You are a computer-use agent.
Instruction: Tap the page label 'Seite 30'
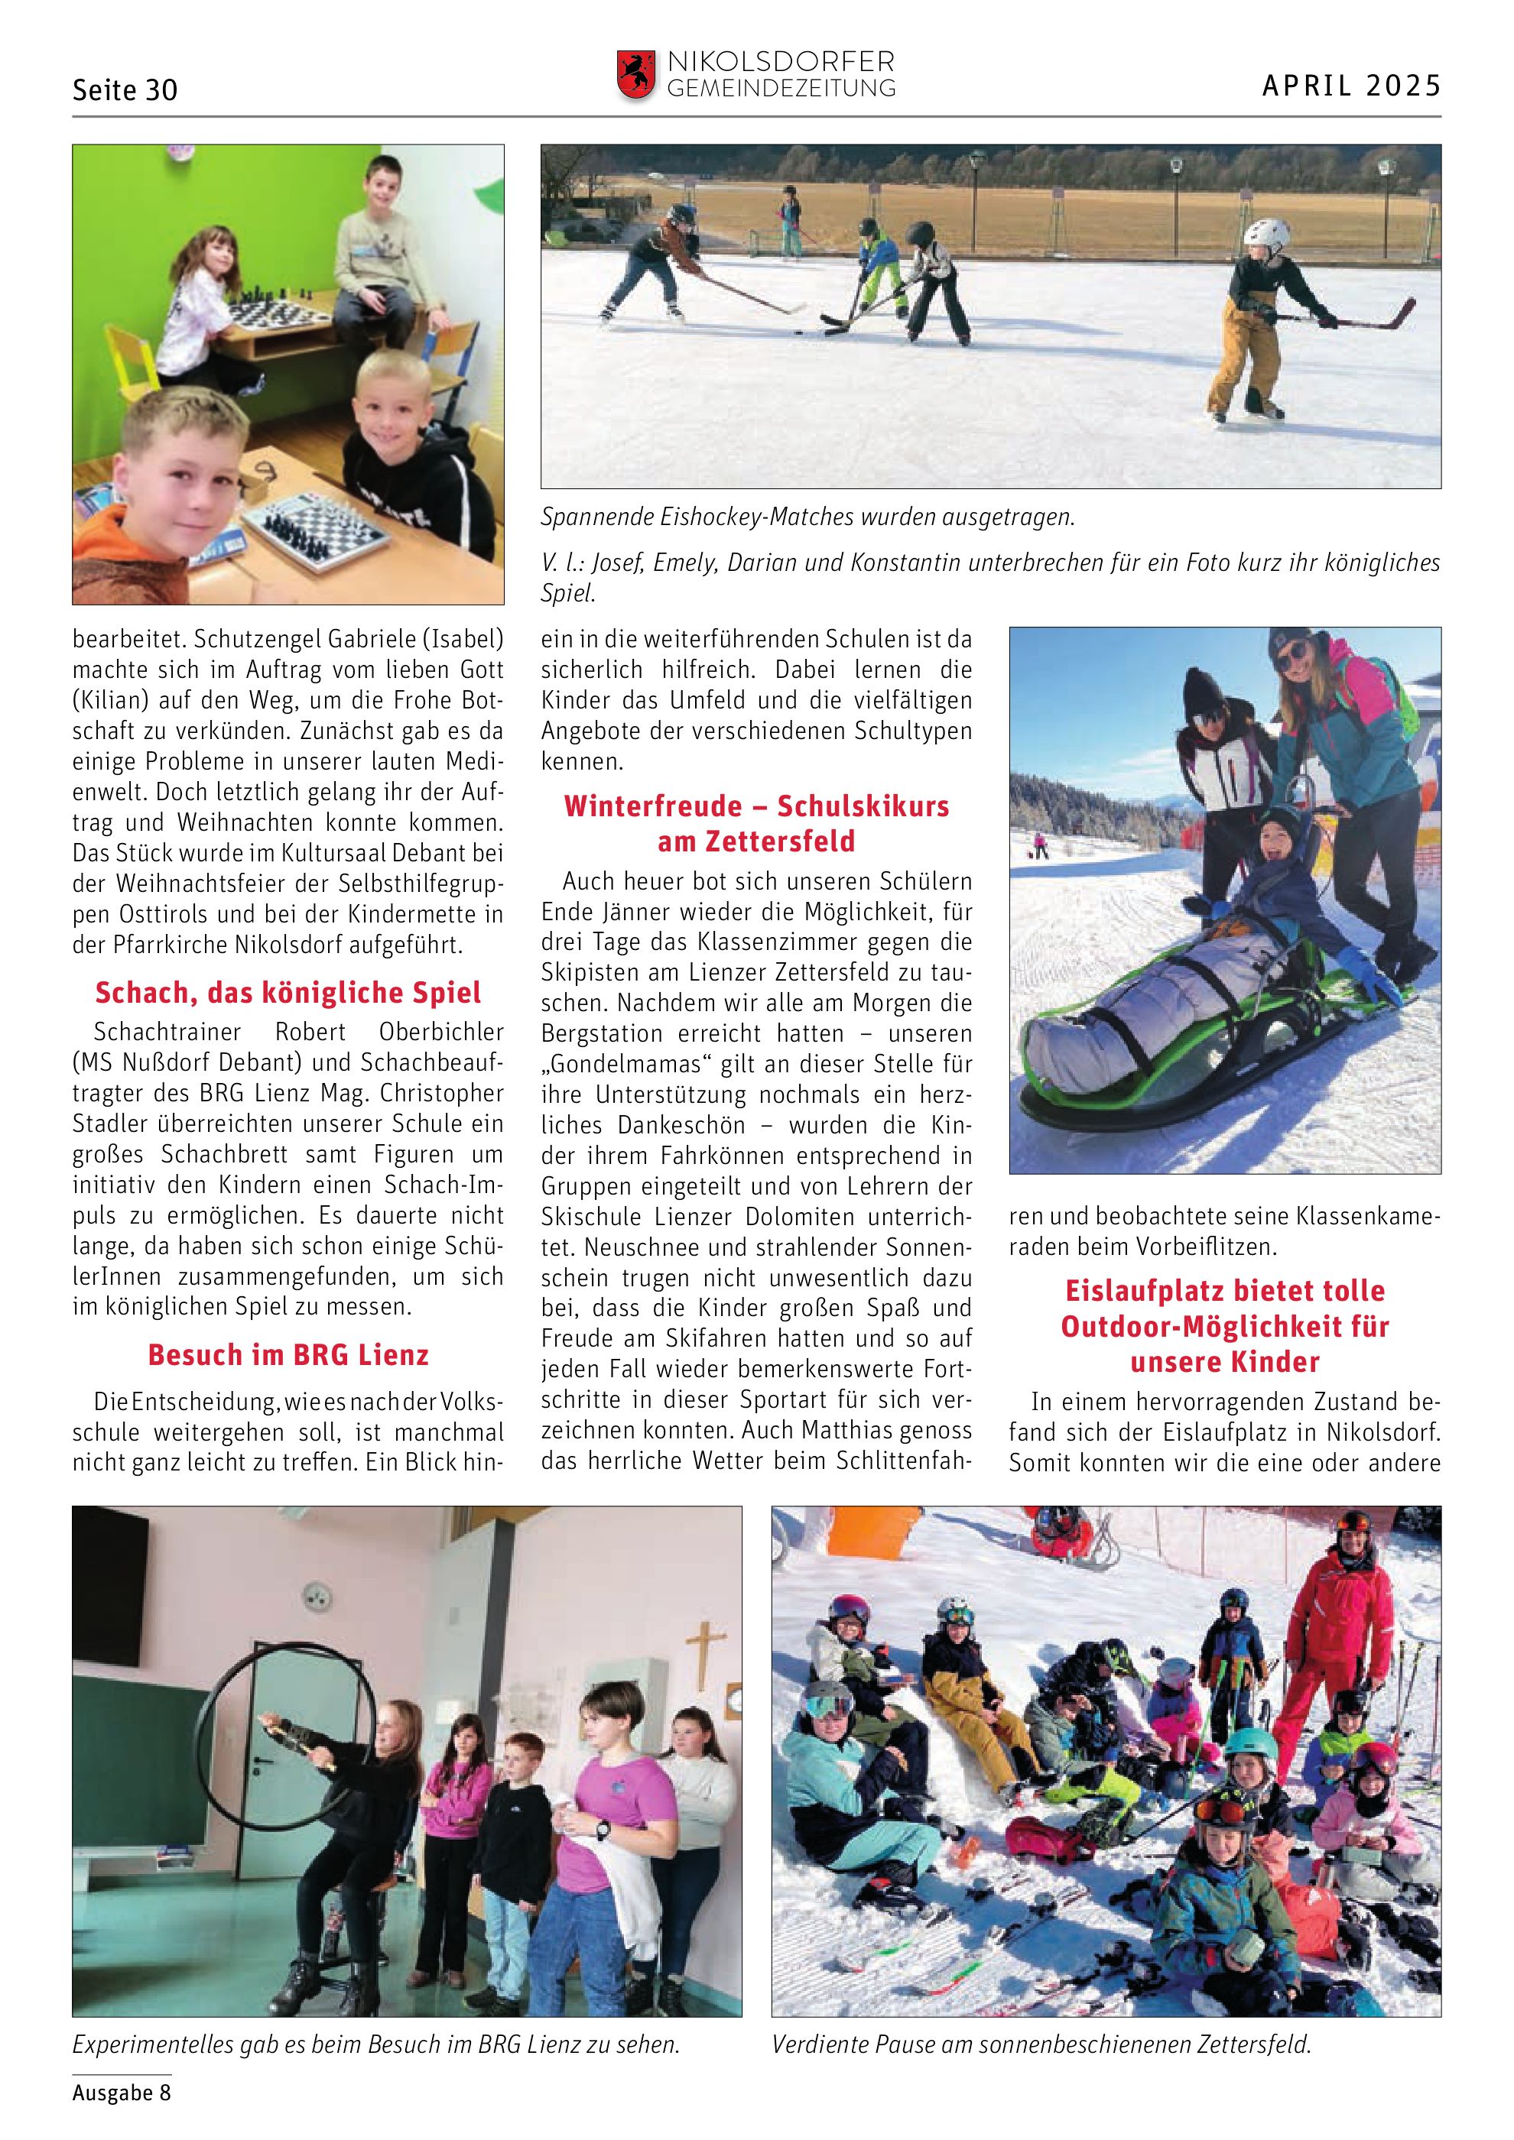[125, 90]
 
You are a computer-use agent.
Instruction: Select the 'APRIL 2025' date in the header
[1351, 86]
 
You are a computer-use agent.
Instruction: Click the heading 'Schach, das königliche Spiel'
[288, 994]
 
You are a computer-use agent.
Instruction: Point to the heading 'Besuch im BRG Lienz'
[288, 1355]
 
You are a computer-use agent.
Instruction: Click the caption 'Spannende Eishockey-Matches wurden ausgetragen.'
[807, 517]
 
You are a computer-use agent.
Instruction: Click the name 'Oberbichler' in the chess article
[441, 1033]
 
